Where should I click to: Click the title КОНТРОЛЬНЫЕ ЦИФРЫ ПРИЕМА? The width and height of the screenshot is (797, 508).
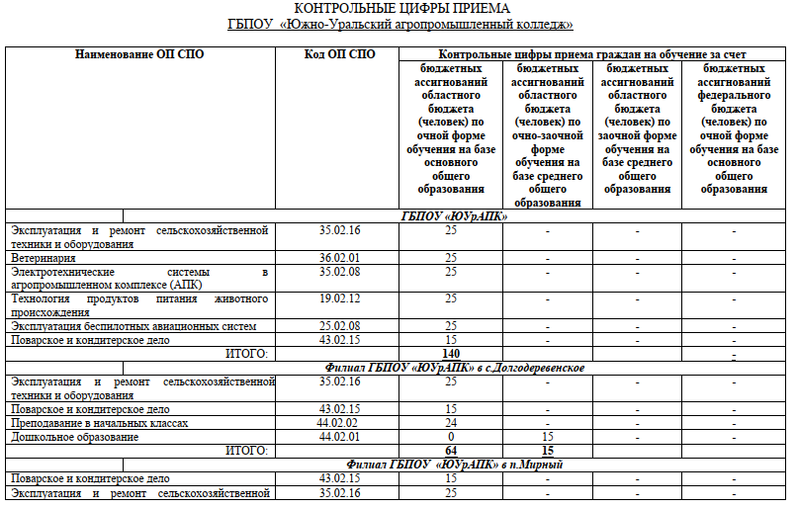pos(398,9)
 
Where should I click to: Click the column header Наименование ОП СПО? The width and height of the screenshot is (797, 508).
pos(139,53)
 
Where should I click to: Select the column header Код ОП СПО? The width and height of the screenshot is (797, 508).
pos(339,53)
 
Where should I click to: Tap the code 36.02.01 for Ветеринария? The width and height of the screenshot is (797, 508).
pos(339,257)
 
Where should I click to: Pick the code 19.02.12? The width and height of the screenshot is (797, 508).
pos(339,297)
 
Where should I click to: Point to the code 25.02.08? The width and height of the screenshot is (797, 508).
pos(339,326)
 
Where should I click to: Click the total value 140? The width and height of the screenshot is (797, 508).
pos(451,353)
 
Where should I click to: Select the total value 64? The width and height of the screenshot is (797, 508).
pos(451,450)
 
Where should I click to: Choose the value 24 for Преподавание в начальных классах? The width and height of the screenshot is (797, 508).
pos(451,423)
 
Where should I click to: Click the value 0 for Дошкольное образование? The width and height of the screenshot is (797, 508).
pos(451,437)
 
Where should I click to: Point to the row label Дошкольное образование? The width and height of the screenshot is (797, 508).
pos(74,437)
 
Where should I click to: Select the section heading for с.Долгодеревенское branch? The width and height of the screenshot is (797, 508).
pos(454,368)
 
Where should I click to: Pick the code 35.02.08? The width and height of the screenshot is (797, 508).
pos(339,271)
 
